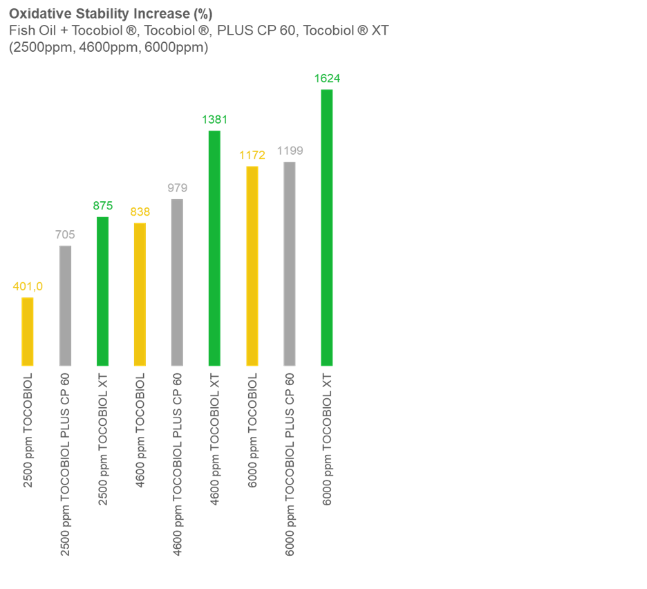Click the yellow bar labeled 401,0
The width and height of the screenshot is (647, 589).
[x=28, y=331]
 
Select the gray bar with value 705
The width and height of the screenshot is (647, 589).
[x=65, y=306]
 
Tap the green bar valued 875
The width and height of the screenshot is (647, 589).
[x=102, y=291]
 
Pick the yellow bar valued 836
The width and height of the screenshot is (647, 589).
[x=140, y=294]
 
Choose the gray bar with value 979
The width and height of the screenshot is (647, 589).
[x=177, y=282]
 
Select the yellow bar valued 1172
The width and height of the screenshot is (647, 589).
[x=252, y=265]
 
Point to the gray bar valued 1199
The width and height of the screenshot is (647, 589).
[x=290, y=263]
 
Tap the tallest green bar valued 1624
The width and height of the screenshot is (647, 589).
[x=327, y=227]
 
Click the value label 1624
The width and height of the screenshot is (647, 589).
[x=327, y=79]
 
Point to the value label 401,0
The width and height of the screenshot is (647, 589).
[x=28, y=286]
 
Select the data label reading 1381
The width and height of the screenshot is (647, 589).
[x=214, y=120]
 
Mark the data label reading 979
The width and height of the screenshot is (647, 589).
[x=177, y=187]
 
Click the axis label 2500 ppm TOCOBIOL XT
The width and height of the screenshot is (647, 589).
[x=103, y=429]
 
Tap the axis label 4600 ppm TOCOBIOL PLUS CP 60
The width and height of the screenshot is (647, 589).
[x=178, y=464]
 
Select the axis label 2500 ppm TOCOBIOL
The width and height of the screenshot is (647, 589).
[x=28, y=430]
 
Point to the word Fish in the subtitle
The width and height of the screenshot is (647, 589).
[x=20, y=31]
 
